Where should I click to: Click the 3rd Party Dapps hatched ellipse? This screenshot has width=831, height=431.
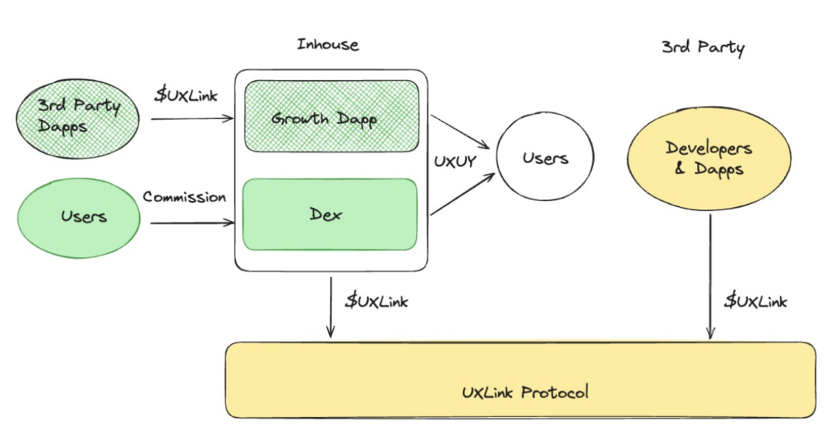pyautogui.click(x=78, y=116)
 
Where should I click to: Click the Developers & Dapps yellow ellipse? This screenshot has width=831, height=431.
pyautogui.click(x=709, y=159)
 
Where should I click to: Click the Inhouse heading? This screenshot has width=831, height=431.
pyautogui.click(x=328, y=45)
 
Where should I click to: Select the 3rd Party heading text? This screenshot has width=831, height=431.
pyautogui.click(x=703, y=48)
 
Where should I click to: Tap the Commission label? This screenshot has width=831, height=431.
pyautogui.click(x=184, y=197)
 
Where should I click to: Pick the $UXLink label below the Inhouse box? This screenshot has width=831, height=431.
pyautogui.click(x=376, y=301)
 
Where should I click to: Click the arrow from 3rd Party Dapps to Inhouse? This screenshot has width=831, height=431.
pyautogui.click(x=192, y=119)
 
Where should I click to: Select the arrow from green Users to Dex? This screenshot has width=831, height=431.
pyautogui.click(x=192, y=223)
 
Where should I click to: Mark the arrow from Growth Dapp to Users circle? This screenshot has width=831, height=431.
pyautogui.click(x=460, y=132)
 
